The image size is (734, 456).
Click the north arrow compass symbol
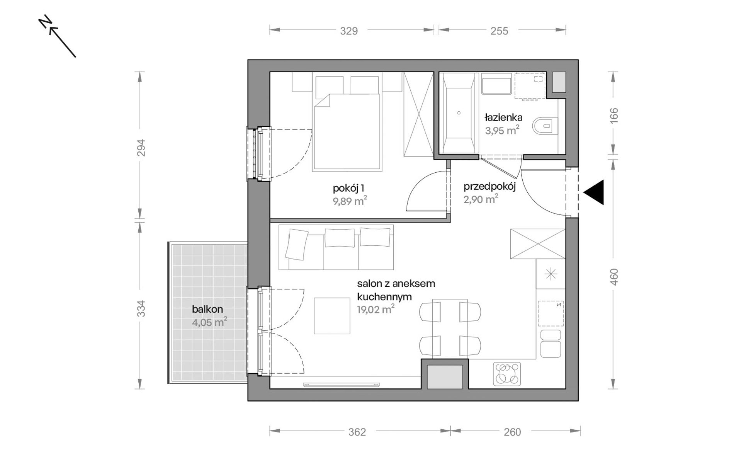pos(58,37)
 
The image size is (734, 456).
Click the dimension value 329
pos(349,31)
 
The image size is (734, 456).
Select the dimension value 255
pos(499,31)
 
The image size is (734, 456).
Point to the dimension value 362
pos(357,432)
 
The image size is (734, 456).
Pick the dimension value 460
pos(613,277)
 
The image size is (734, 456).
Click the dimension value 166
pos(613,116)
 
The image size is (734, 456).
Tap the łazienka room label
pos(504,117)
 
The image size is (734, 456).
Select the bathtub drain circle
pos(459,113)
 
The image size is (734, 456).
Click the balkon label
pos(207,309)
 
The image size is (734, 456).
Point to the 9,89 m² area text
pos(350,201)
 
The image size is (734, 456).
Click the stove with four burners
pos(507,374)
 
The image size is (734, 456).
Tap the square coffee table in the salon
pos(332,316)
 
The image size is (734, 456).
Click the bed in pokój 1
pos(347,132)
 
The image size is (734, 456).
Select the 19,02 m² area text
pos(376,309)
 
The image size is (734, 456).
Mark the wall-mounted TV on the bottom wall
pos(342,385)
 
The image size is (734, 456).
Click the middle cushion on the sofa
pos(340,238)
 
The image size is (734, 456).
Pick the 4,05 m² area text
pos(209,322)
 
